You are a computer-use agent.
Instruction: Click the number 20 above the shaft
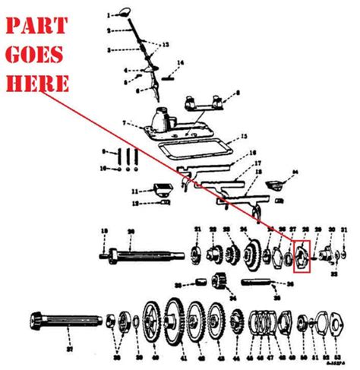(131, 230)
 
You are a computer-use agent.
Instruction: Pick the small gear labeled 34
(220, 282)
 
